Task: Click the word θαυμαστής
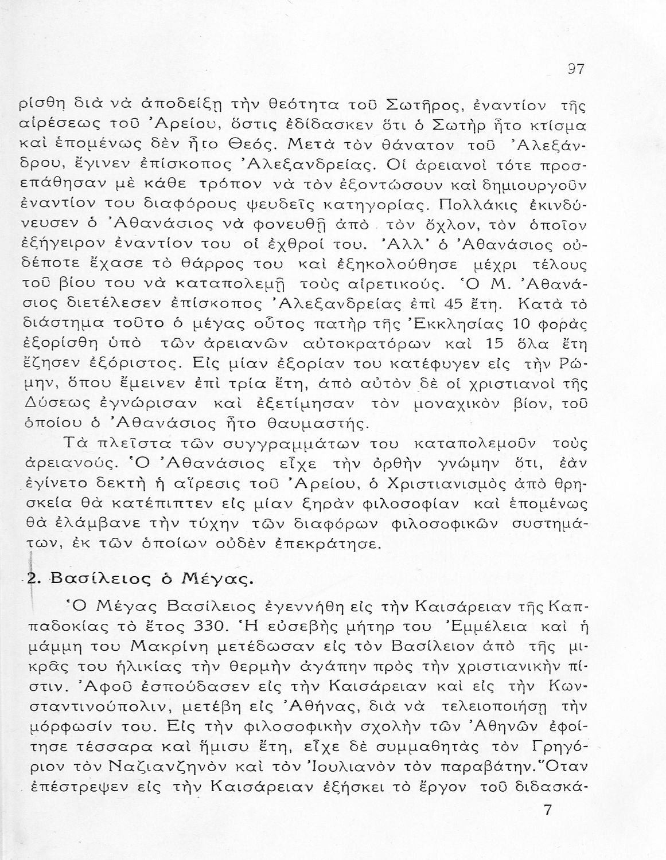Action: click(314, 425)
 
